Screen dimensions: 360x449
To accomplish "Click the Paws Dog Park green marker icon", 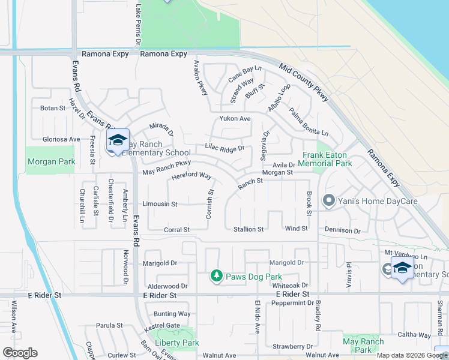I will (x=217, y=276).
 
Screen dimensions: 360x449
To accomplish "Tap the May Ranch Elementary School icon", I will (x=118, y=141).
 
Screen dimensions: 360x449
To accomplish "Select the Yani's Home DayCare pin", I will (x=328, y=200).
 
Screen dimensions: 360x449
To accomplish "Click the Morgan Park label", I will (x=51, y=161).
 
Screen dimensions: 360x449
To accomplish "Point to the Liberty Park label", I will (x=177, y=343).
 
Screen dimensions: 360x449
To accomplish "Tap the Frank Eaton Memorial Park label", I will (x=327, y=158).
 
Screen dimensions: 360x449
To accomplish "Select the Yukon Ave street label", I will (x=235, y=119).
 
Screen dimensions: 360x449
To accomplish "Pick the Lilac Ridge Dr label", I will (x=224, y=148).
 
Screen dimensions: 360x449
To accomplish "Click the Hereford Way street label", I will (x=191, y=176).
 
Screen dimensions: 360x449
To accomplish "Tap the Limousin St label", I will (x=160, y=204).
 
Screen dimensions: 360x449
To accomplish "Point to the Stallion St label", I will (x=249, y=229).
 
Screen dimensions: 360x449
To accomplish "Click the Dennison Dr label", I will (x=343, y=230).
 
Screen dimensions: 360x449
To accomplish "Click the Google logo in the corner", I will (x=19, y=353).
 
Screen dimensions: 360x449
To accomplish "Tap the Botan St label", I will (x=52, y=108).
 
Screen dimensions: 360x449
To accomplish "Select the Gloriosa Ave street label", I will (x=61, y=139).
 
